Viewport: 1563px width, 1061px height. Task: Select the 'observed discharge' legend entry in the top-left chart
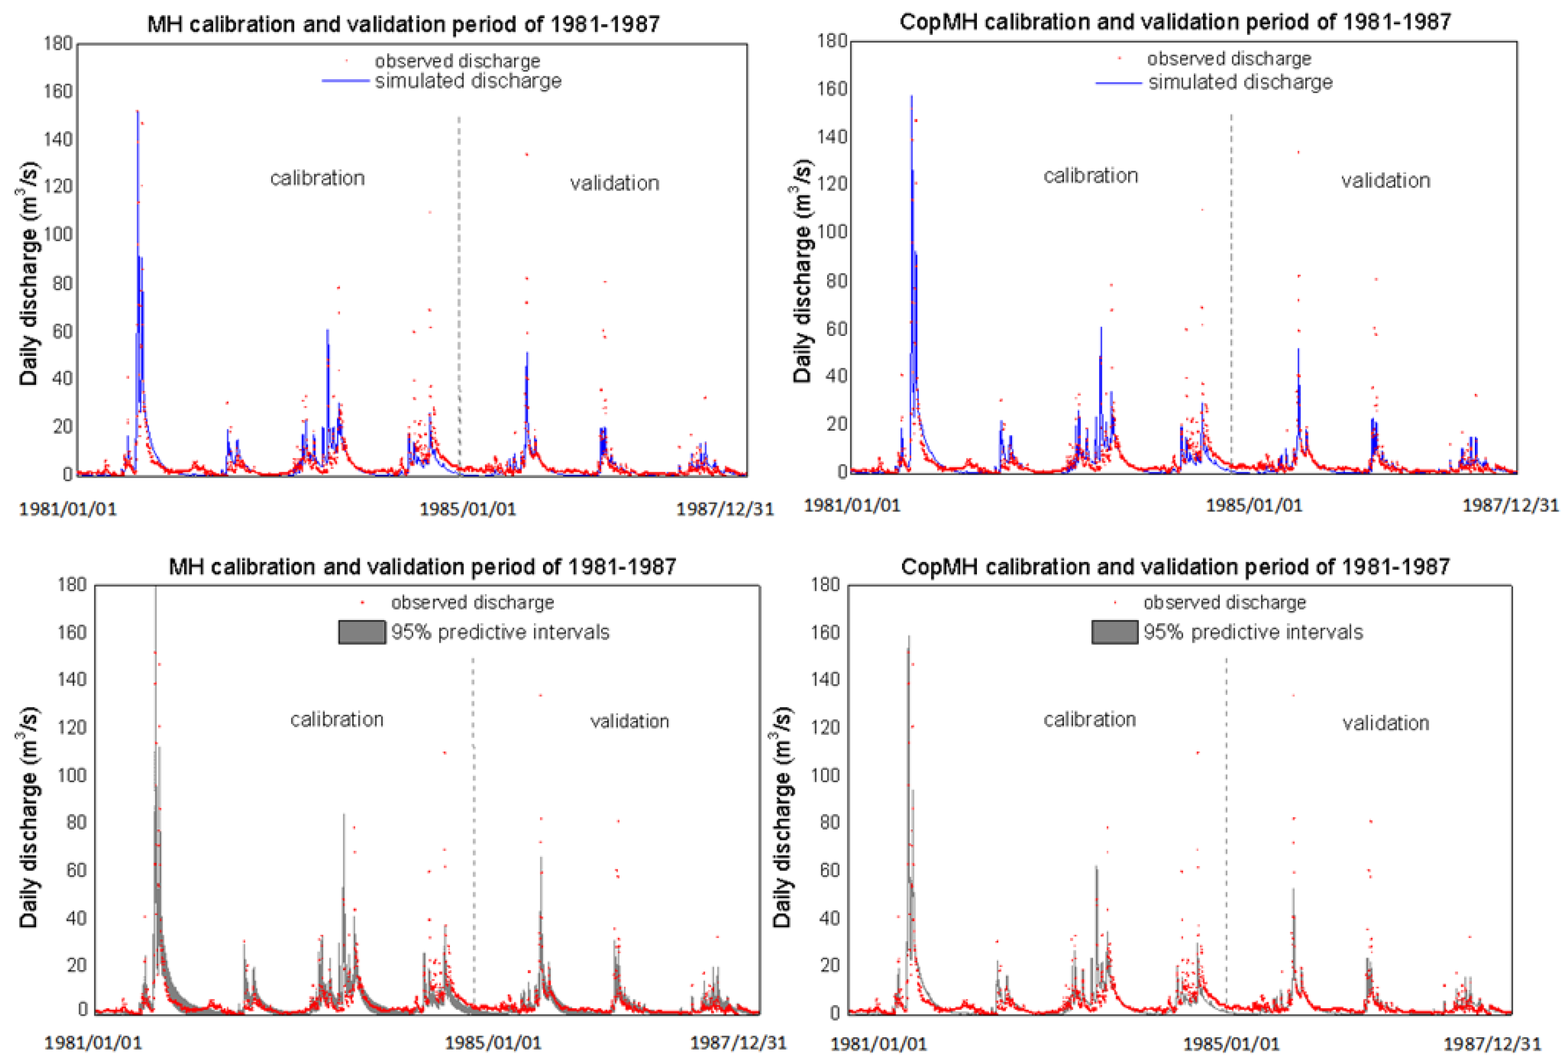click(457, 61)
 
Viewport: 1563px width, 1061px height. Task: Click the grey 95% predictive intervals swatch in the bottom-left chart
click(362, 632)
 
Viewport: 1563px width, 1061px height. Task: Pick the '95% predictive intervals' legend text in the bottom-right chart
click(1252, 632)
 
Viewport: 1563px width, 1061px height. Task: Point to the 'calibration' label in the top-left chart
click(318, 178)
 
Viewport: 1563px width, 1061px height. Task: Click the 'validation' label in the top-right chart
click(1385, 180)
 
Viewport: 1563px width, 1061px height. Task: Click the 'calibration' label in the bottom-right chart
click(1089, 719)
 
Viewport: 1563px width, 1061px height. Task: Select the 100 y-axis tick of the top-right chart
click(832, 232)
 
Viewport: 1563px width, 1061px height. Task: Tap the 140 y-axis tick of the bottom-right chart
click(825, 679)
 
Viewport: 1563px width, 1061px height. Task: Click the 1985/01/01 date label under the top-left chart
click(467, 509)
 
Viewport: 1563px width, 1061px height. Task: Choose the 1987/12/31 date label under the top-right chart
click(1509, 505)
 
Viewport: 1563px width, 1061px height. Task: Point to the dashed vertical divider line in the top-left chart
click(459, 269)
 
